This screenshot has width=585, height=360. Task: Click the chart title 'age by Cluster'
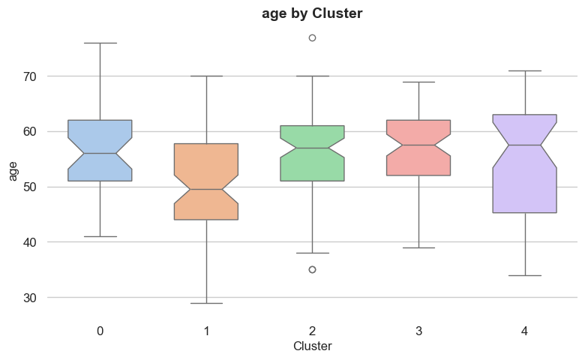pyautogui.click(x=312, y=13)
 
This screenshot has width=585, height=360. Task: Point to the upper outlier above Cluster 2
pyautogui.click(x=313, y=37)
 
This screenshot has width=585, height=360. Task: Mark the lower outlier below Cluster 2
pyautogui.click(x=313, y=269)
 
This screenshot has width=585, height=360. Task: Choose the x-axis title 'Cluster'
pyautogui.click(x=312, y=346)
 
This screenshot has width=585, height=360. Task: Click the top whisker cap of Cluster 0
pyautogui.click(x=100, y=43)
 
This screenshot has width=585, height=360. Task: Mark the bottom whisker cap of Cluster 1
pyautogui.click(x=206, y=303)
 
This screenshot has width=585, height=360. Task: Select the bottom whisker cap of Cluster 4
pyautogui.click(x=525, y=275)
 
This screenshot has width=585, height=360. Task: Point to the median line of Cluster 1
pyautogui.click(x=206, y=189)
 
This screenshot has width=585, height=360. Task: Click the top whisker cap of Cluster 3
pyautogui.click(x=418, y=82)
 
